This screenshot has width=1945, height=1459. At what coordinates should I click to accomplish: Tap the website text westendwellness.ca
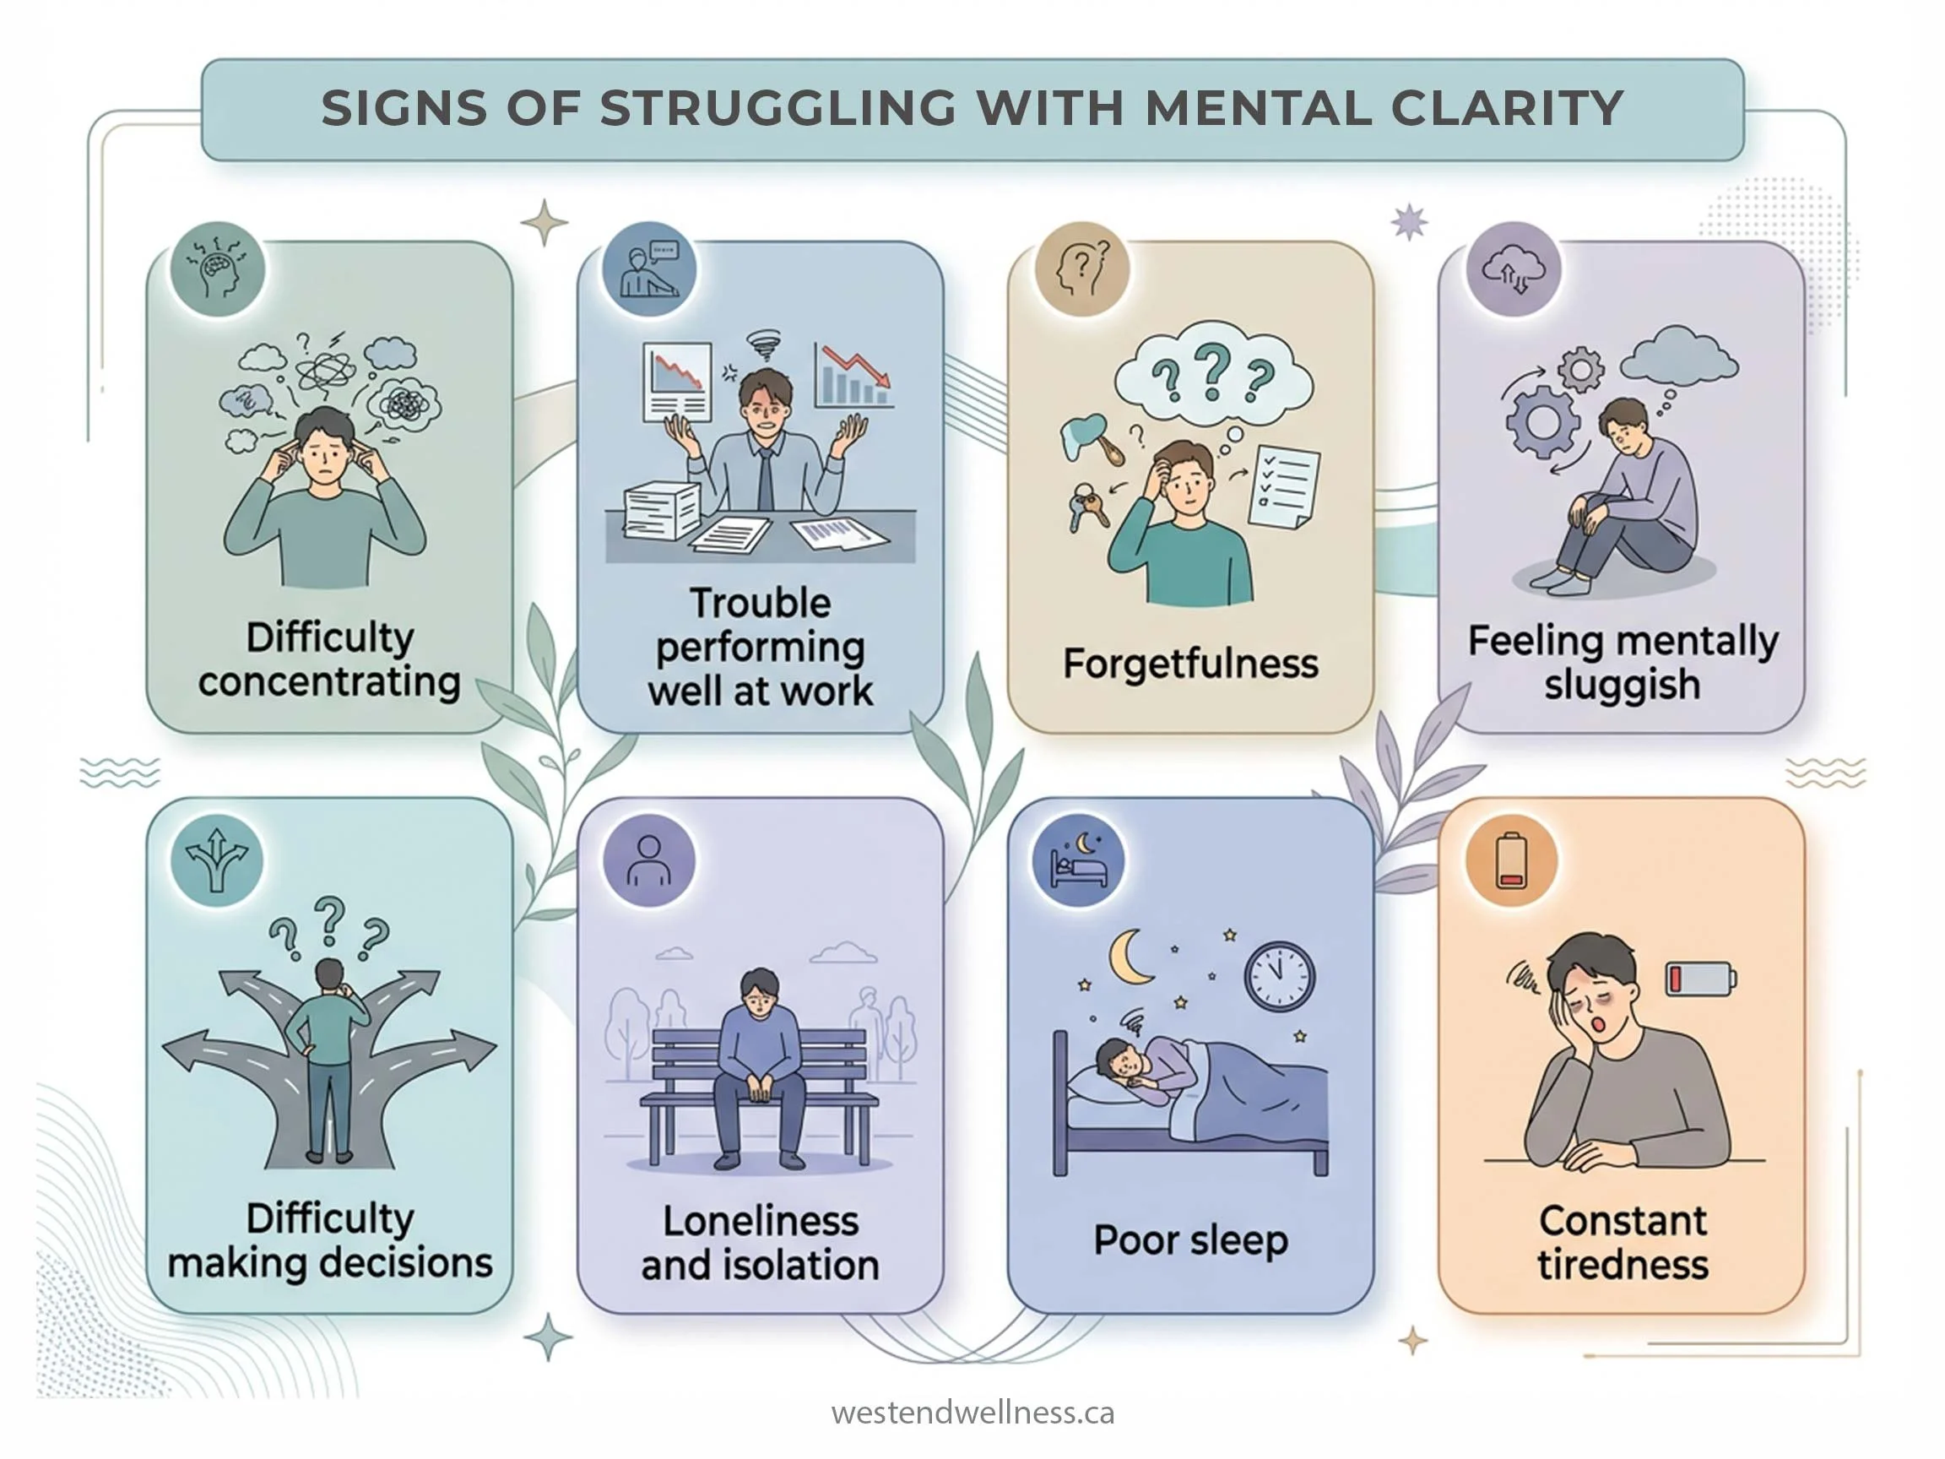click(972, 1413)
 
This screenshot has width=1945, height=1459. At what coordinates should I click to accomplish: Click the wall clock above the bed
click(1280, 977)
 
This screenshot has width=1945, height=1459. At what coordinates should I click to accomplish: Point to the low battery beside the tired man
click(1699, 978)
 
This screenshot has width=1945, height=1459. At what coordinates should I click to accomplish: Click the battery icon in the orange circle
click(1511, 861)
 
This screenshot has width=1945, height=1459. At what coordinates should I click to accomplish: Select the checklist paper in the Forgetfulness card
click(1284, 486)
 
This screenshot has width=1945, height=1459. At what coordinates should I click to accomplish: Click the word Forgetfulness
click(1190, 664)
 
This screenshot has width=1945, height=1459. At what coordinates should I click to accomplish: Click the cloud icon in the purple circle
click(1514, 268)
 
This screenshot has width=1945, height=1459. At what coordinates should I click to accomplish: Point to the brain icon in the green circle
click(217, 268)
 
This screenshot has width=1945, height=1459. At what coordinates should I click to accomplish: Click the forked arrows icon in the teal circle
click(217, 860)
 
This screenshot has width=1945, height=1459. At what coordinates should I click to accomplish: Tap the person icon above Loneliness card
click(649, 860)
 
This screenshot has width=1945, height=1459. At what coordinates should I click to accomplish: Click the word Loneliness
click(761, 1221)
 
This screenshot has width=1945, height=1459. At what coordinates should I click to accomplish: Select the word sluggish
click(1623, 685)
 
